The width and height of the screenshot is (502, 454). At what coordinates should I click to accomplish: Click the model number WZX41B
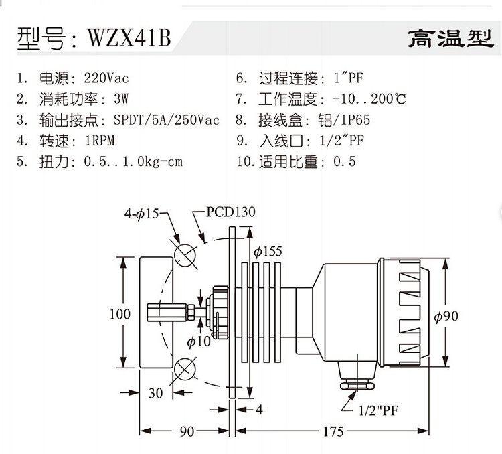pyautogui.click(x=129, y=37)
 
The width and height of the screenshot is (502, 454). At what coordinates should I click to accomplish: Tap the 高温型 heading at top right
pyautogui.click(x=450, y=38)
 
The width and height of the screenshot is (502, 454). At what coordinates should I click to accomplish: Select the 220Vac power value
pyautogui.click(x=106, y=78)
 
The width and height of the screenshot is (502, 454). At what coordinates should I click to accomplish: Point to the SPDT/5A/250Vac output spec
pyautogui.click(x=167, y=120)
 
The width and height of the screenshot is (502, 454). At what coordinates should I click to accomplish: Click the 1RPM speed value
pyautogui.click(x=100, y=141)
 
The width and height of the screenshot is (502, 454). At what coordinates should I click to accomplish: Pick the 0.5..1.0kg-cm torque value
pyautogui.click(x=133, y=161)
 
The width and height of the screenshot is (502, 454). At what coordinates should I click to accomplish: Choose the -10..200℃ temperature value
pyautogui.click(x=369, y=99)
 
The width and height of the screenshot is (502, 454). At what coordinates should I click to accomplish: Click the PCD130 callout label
pyautogui.click(x=230, y=212)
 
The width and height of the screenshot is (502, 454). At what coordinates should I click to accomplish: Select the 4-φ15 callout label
pyautogui.click(x=141, y=213)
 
